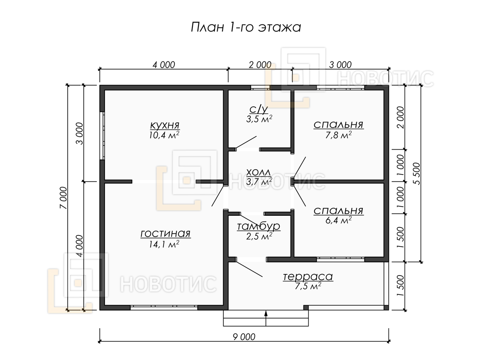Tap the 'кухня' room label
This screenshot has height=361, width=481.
click(x=165, y=126)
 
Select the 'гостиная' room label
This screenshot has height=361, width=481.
click(x=166, y=234)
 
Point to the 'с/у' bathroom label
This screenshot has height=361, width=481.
click(x=259, y=109)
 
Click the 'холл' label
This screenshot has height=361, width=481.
click(x=259, y=172)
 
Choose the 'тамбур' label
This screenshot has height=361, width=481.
click(x=259, y=226)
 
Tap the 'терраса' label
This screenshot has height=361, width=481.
click(x=308, y=277)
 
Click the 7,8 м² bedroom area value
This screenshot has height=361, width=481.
click(x=338, y=135)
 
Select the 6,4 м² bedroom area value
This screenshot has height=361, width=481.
click(x=338, y=220)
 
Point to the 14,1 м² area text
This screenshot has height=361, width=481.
click(x=164, y=244)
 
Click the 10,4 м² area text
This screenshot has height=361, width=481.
click(x=164, y=135)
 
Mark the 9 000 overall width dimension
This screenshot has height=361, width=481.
click(x=244, y=337)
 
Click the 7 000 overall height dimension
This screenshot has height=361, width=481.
click(x=64, y=198)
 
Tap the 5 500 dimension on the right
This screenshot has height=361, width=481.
click(x=417, y=174)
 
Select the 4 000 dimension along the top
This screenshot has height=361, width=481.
click(x=164, y=65)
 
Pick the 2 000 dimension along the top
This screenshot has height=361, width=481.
click(x=260, y=65)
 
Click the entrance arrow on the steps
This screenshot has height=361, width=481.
click(x=266, y=318)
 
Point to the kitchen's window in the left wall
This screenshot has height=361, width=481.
click(x=102, y=136)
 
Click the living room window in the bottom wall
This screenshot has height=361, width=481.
click(x=164, y=308)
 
